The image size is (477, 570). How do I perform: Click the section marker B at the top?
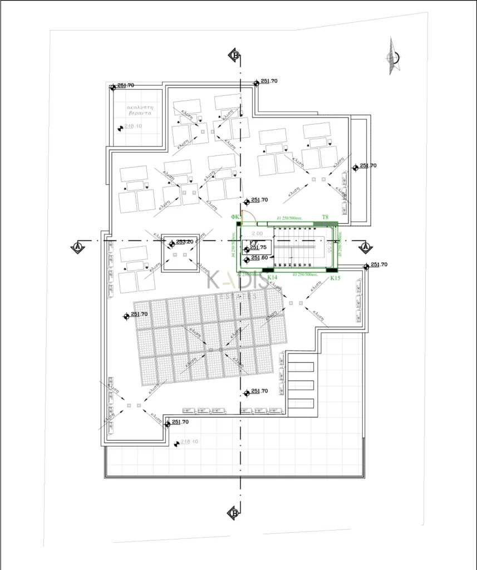235,55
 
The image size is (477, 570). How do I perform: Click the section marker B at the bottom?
234,513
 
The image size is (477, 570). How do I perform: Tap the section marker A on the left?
78,246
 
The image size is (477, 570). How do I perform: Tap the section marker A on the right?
365,247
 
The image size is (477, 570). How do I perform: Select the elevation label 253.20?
185,242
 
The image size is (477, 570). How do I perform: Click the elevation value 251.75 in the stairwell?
258,247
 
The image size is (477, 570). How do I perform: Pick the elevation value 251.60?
259,258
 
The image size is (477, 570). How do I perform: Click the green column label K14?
272,277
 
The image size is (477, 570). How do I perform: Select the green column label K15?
335,277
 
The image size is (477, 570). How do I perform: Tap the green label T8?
326,217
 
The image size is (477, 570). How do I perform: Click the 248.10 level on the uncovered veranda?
134,126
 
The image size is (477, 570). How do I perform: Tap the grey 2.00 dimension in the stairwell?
257,233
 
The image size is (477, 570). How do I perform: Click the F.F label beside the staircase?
252,243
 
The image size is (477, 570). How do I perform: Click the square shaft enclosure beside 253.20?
180,253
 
